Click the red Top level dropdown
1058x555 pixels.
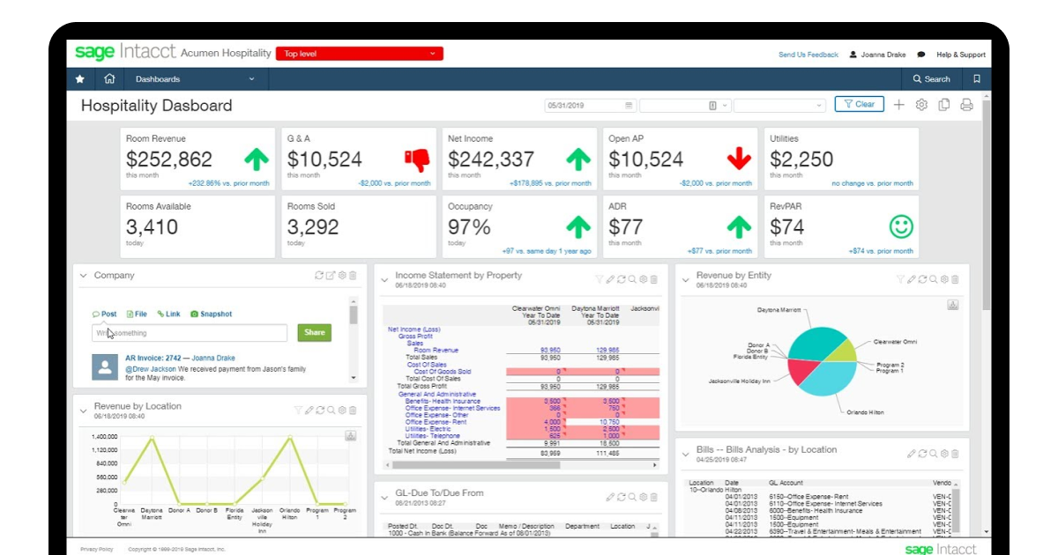359,54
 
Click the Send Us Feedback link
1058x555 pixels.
808,55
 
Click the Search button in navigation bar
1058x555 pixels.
932,79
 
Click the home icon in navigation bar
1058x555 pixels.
109,79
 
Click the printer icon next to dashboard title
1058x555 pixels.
966,105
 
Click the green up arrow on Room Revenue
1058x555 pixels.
256,159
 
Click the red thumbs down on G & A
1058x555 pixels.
416,159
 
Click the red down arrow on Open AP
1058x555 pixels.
739,159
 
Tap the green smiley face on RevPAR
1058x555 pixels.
900,227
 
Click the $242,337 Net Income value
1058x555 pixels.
491,159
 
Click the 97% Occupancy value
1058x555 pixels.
469,227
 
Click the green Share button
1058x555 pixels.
316,333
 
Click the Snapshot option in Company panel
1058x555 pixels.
211,314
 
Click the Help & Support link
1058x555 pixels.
960,55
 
